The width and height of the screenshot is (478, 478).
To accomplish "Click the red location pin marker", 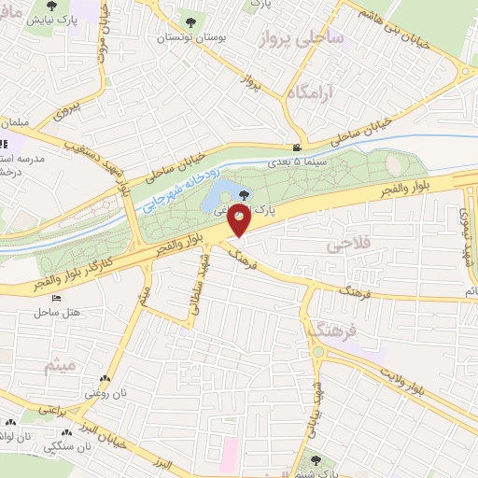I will [x=240, y=220].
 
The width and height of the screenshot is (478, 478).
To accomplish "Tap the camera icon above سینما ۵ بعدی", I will [x=297, y=147].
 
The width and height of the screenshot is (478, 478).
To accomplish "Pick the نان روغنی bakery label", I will [x=105, y=393].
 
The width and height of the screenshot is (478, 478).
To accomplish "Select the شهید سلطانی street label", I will [x=197, y=290].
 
